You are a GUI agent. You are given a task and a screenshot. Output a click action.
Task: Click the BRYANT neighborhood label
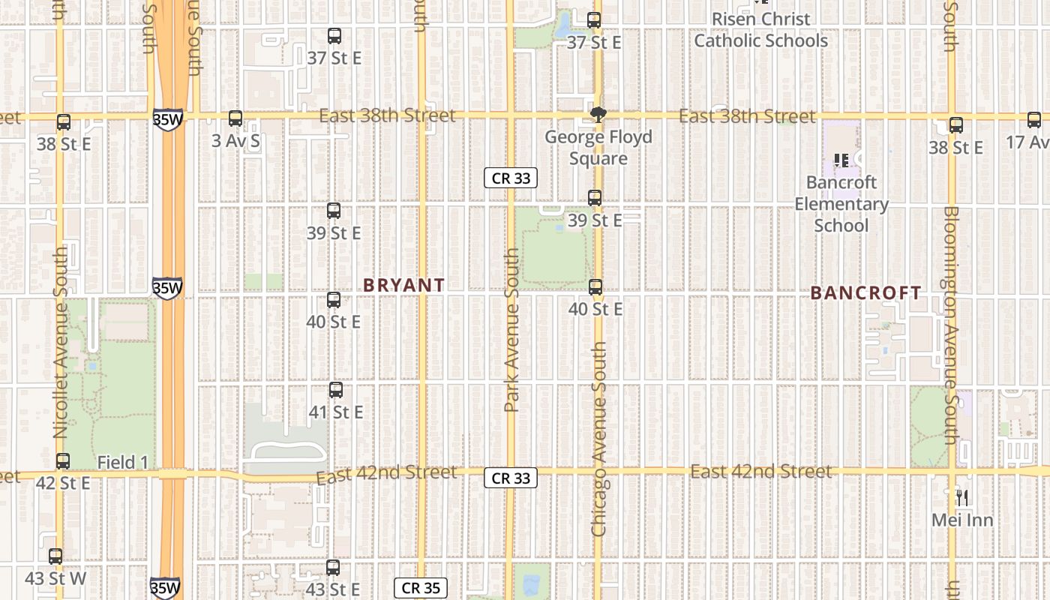(404, 285)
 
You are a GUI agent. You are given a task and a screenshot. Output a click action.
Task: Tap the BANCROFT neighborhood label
(865, 293)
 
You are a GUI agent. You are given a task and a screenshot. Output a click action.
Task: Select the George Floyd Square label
(598, 148)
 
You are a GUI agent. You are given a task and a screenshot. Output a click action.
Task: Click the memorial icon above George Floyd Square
(598, 115)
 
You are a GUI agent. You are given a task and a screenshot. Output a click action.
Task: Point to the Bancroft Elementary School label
(841, 204)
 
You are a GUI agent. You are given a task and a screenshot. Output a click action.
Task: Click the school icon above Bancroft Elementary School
(841, 160)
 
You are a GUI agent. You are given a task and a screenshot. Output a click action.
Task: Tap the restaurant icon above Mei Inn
(962, 497)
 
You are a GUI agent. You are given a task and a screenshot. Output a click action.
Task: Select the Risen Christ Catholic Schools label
(760, 30)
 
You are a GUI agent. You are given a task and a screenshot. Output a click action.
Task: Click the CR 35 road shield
(421, 588)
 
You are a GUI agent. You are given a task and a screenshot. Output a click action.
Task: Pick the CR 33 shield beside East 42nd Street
(511, 478)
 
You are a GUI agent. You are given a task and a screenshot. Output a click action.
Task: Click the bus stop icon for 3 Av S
(235, 118)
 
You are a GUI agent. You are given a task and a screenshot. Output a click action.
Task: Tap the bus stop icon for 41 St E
(336, 390)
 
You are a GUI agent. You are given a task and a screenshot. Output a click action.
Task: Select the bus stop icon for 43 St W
(55, 556)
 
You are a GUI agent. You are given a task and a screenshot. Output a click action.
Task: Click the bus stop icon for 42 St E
(63, 461)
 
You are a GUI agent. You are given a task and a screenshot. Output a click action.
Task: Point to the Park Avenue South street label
(511, 330)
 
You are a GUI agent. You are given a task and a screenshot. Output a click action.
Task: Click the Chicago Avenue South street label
(598, 439)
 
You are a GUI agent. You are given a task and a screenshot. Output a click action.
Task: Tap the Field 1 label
(122, 463)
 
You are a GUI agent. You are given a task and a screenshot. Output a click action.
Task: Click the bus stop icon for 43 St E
(333, 568)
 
